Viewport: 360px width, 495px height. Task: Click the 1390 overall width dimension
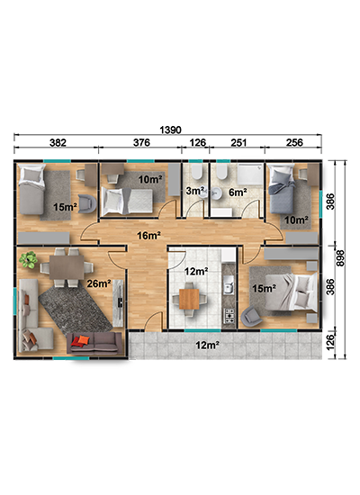170,130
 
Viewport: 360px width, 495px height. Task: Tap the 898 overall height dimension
340,258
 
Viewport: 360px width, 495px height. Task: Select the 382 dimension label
58,143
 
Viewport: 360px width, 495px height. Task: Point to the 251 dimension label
238,143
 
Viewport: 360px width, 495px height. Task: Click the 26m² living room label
99,283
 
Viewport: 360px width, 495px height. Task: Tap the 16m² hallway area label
148,235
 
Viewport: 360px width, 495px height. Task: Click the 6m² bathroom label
238,192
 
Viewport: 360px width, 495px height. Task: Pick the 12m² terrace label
208,345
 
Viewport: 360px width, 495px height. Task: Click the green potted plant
29,260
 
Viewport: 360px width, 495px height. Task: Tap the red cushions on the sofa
80,341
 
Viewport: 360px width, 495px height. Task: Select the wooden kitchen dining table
189,299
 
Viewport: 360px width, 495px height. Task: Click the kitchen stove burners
229,316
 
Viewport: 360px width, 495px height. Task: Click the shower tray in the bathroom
250,175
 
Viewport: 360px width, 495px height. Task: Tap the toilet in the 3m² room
197,171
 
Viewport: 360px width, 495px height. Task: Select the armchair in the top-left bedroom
86,203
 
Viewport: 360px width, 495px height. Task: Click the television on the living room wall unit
121,302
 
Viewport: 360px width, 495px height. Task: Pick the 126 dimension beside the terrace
329,342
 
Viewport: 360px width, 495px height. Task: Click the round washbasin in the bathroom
217,193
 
